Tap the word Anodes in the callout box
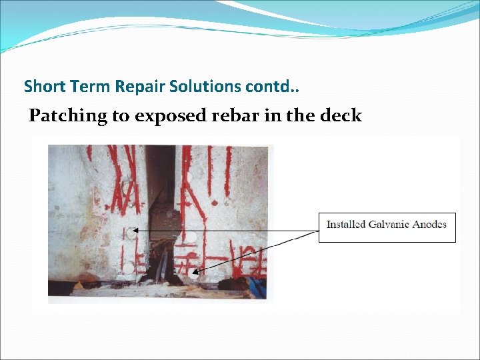(429, 225)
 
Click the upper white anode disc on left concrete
(132, 234)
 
